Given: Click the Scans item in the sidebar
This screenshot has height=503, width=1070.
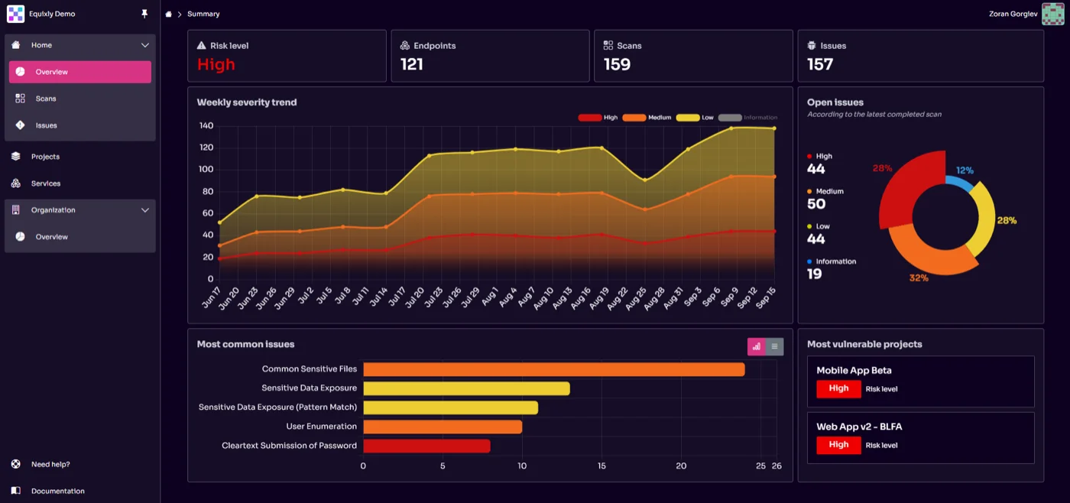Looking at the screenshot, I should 46,99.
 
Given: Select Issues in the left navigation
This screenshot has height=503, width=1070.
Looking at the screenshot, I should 46,125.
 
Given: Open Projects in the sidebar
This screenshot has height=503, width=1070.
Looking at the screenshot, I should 45,157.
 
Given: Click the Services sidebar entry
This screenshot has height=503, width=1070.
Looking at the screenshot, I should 45,183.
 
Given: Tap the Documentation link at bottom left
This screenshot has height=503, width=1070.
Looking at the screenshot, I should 57,491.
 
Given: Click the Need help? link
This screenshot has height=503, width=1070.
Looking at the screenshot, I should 50,464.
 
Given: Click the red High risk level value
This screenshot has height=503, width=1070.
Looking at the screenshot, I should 216,65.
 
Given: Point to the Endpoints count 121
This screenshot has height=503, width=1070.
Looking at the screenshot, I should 412,65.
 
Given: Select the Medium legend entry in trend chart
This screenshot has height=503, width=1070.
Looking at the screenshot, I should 647,118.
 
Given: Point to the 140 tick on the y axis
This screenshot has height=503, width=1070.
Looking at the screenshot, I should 206,125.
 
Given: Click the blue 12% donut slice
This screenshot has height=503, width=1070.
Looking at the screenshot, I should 959,183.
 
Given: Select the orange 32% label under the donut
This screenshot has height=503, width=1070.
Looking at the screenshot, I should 919,277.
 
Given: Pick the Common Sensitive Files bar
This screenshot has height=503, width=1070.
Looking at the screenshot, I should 553,369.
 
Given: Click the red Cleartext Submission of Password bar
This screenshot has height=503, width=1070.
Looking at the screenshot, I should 426,446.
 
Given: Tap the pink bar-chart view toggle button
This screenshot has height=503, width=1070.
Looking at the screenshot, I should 756,346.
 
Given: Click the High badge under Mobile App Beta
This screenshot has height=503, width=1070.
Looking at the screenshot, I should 838,388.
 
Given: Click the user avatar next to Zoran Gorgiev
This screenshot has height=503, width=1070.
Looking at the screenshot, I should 1052,14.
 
